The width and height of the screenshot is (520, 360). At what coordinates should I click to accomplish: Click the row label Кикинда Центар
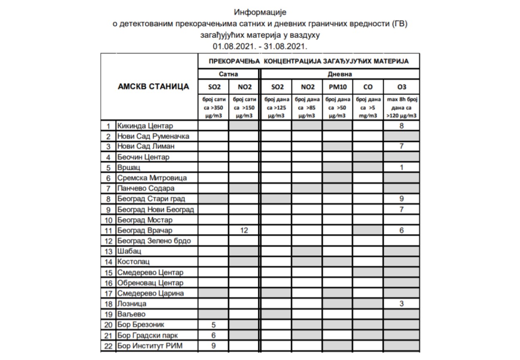145,126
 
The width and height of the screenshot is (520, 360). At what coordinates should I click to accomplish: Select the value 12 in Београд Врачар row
244,230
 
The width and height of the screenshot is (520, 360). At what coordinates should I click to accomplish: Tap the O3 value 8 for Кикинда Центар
401,126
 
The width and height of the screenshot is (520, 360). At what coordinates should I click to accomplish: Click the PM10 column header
337,87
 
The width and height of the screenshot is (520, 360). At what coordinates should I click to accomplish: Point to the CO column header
368,87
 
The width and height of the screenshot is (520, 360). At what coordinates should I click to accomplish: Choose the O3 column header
401,87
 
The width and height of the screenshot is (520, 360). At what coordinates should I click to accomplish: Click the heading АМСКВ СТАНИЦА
154,86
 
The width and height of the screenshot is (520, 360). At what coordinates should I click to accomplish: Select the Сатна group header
229,74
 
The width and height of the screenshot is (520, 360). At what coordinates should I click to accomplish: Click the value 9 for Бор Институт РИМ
213,345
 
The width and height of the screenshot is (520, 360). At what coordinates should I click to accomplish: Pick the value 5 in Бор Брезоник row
213,325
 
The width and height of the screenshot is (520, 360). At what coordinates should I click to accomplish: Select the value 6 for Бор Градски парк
213,335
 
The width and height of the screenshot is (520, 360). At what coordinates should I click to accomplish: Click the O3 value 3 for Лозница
401,303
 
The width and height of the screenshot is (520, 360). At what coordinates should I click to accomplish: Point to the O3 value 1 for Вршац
401,168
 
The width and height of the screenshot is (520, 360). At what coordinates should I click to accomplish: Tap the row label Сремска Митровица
152,178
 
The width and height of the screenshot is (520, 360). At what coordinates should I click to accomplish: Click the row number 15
109,273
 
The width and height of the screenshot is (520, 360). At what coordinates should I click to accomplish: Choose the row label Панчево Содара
146,188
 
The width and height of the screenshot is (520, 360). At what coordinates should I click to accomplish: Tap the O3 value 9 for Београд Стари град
401,199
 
